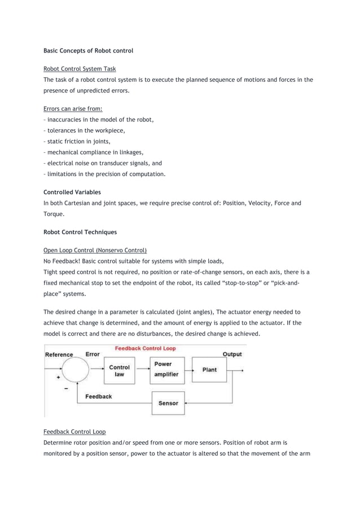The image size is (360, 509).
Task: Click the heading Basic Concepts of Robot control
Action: [89, 51]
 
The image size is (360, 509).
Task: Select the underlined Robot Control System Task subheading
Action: [80, 69]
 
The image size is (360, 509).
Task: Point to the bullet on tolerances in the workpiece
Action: [85, 130]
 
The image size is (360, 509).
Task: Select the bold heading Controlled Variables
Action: [72, 192]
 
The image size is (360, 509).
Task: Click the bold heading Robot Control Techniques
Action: [80, 231]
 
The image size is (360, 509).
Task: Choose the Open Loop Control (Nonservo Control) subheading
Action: [95, 249]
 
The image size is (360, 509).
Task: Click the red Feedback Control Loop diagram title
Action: [145, 348]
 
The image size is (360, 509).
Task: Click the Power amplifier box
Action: [166, 370]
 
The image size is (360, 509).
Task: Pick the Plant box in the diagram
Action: [209, 370]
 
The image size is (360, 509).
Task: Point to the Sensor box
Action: [168, 403]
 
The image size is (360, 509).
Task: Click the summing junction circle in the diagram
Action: [75, 371]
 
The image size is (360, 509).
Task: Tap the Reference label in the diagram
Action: [59, 355]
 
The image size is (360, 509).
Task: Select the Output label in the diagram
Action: [232, 354]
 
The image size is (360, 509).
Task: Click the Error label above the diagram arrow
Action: [92, 354]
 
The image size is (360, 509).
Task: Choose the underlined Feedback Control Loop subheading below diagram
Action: [74, 431]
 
